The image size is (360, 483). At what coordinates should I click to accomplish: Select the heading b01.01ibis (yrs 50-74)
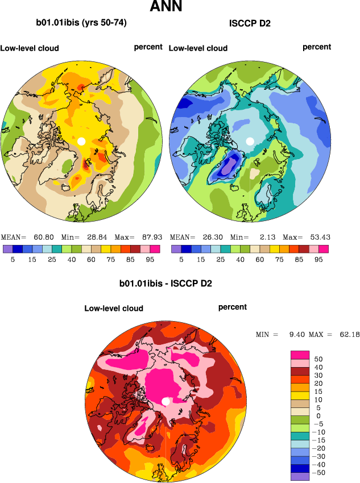(81, 23)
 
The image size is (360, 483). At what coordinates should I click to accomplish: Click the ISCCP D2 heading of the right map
(250, 23)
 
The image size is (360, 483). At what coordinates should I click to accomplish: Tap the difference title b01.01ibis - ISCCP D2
(165, 283)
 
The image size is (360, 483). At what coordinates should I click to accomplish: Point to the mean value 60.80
(41, 237)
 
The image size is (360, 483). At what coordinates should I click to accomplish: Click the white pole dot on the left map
(81, 140)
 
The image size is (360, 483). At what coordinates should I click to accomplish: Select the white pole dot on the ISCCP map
(250, 140)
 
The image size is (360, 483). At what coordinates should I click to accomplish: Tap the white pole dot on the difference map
(165, 401)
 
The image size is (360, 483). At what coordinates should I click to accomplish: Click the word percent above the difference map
(233, 307)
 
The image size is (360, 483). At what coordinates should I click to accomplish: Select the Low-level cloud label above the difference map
(114, 309)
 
